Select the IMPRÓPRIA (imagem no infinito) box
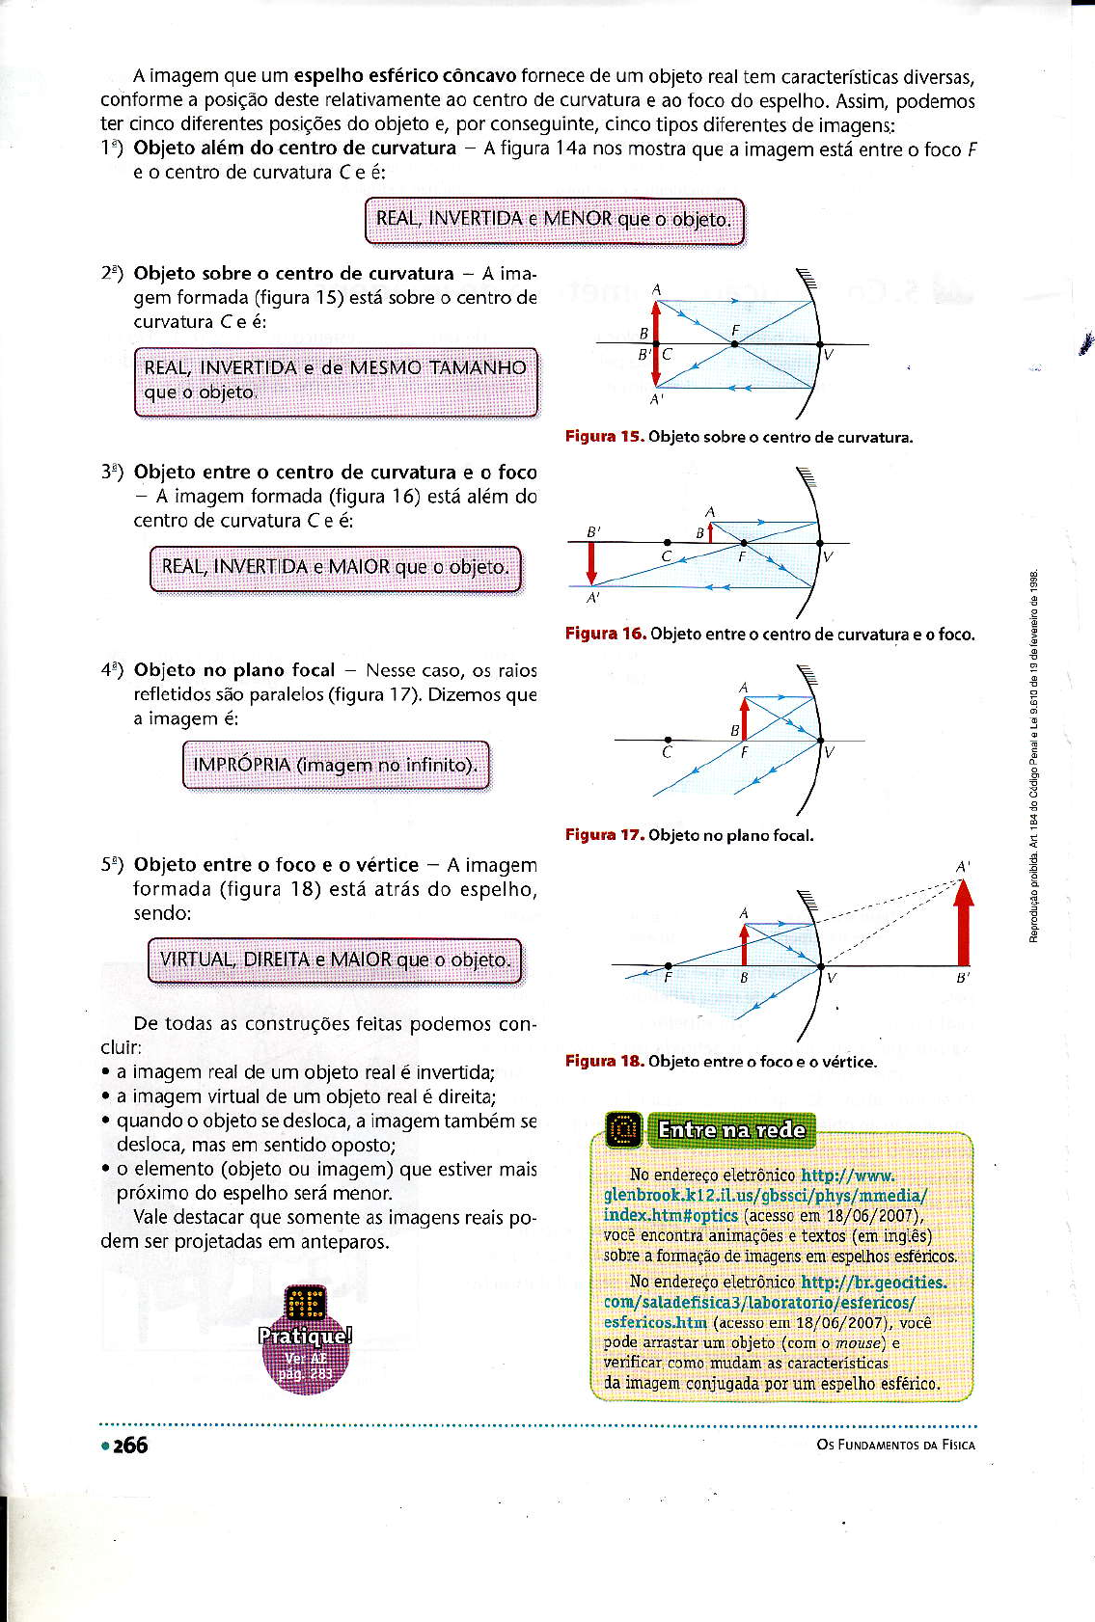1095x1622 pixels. (336, 765)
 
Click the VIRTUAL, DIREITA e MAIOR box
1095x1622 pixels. (335, 960)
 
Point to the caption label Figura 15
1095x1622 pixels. (604, 437)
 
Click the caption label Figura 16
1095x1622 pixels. (605, 634)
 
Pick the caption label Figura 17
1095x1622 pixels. (604, 835)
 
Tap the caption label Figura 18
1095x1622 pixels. (604, 1062)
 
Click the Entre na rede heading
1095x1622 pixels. (730, 1129)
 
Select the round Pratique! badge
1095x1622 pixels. (305, 1340)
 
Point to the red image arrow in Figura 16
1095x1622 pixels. (591, 564)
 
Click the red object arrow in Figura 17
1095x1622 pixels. (744, 718)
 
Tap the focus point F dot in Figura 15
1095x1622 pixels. (734, 343)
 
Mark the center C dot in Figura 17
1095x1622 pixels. (668, 740)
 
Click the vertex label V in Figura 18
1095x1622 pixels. (832, 979)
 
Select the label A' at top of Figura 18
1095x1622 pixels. (962, 867)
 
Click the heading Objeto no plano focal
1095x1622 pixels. (234, 670)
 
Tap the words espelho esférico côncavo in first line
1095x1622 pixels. (405, 76)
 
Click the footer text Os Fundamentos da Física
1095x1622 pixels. (895, 1445)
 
